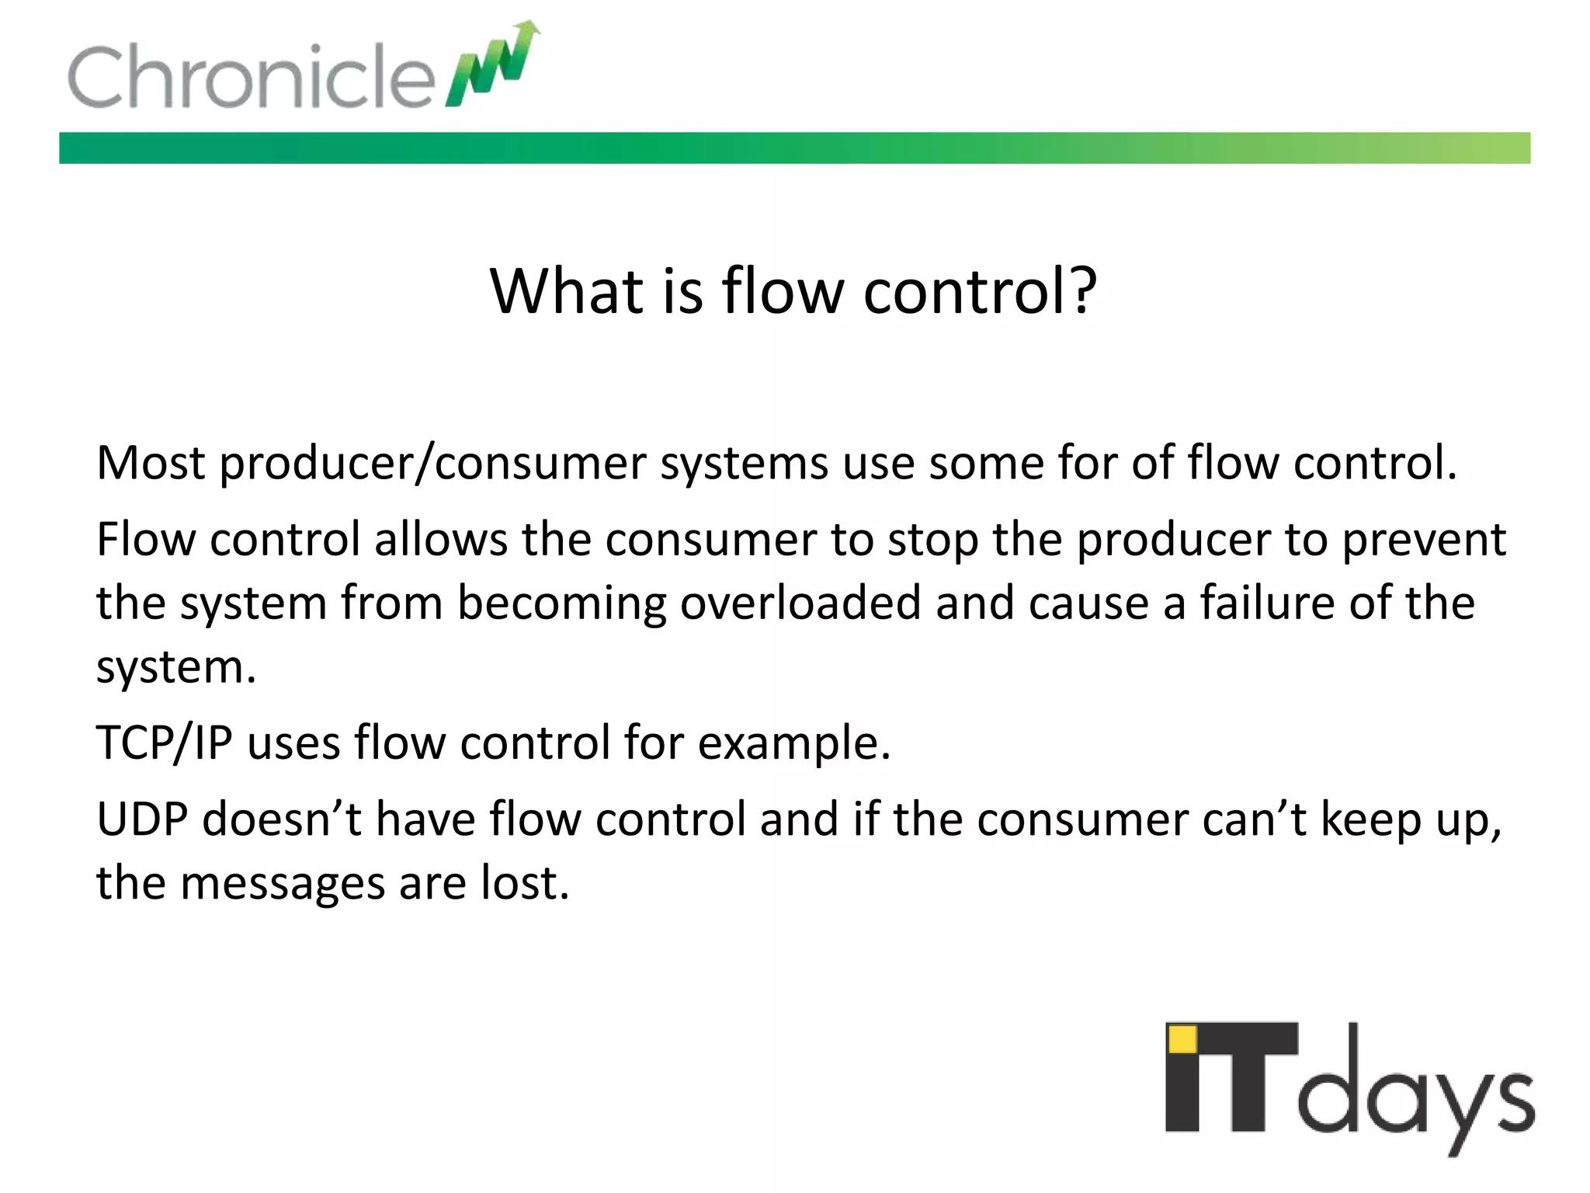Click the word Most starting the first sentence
pos(150,463)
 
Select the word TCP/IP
pos(164,743)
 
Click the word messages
pos(282,885)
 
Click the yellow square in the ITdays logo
pos(1183,1039)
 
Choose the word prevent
pos(1424,541)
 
